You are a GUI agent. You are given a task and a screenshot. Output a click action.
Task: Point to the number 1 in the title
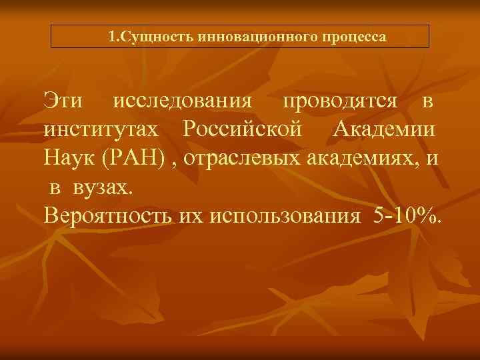112,36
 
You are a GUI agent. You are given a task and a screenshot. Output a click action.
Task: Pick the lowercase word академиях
363,159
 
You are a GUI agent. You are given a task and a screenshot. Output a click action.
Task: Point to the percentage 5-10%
407,216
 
